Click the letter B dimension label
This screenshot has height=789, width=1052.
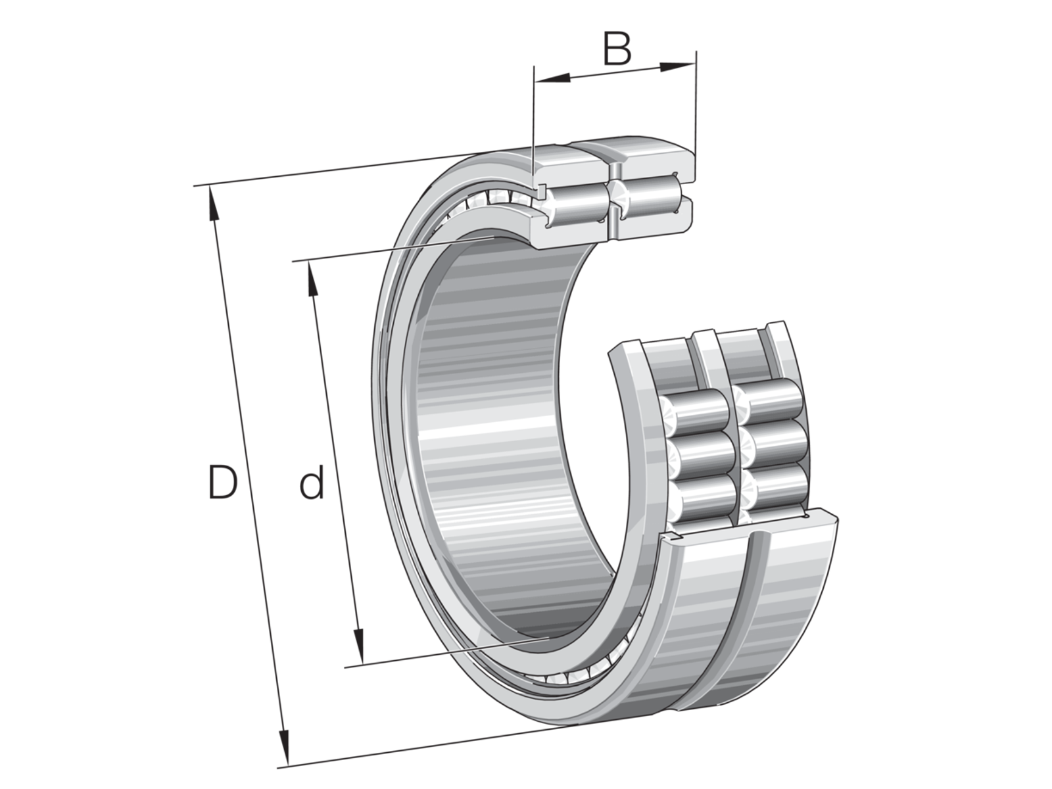tap(617, 49)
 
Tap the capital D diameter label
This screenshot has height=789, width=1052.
tap(223, 483)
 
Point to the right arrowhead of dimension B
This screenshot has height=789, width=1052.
tap(677, 66)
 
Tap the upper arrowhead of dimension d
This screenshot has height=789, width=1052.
tap(312, 279)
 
